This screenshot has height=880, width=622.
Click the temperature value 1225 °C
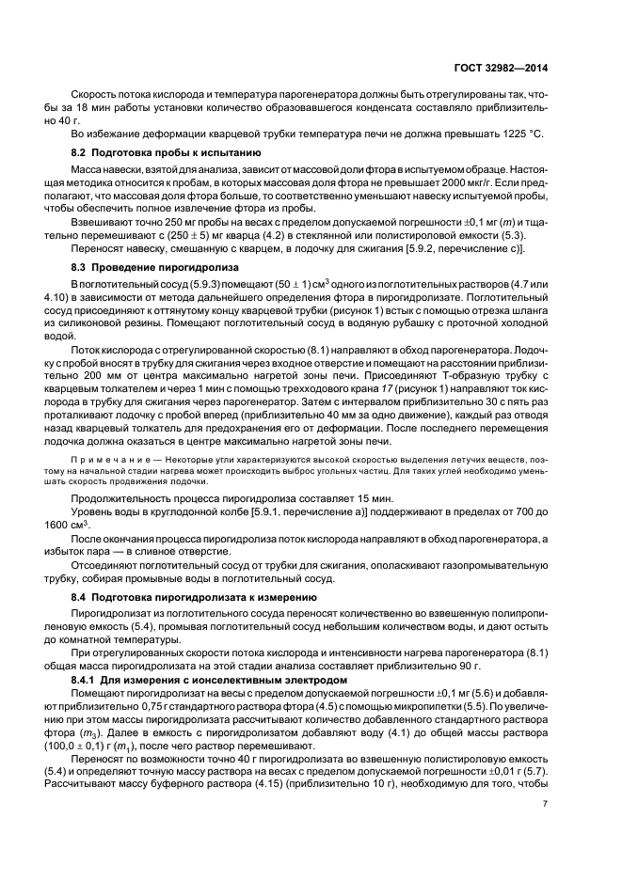pyautogui.click(x=522, y=134)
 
